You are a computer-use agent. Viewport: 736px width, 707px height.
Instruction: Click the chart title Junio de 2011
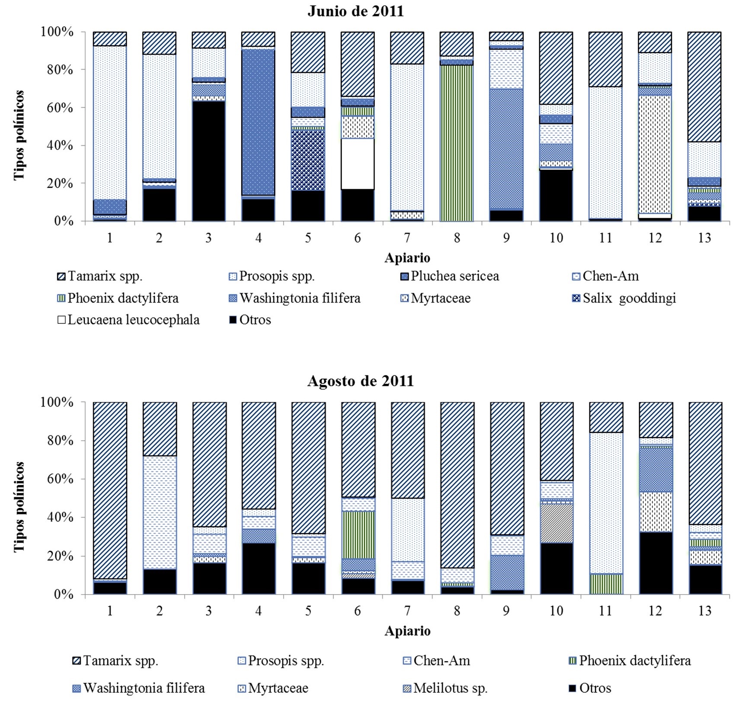click(x=355, y=11)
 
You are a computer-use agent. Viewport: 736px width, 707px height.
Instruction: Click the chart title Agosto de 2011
click(x=360, y=381)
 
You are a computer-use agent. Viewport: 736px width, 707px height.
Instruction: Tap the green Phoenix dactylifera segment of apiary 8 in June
click(x=457, y=143)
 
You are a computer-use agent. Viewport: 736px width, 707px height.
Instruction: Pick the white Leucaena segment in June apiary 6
click(x=358, y=163)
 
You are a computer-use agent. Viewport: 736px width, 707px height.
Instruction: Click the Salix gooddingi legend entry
click(x=624, y=298)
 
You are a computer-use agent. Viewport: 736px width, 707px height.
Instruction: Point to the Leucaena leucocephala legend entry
click(x=128, y=320)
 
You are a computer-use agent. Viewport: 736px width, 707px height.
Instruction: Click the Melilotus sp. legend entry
click(x=445, y=688)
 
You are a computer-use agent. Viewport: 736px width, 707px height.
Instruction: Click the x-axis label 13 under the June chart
click(x=704, y=238)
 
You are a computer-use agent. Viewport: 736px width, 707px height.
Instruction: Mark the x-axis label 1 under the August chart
click(x=110, y=611)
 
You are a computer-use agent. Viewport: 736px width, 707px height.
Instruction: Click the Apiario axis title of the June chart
click(x=407, y=258)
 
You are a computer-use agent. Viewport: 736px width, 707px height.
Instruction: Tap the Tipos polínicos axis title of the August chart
click(x=19, y=506)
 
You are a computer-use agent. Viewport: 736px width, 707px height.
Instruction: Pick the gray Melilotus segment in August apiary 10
click(x=557, y=523)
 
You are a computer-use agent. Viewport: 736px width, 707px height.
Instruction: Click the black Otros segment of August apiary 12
click(x=656, y=563)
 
